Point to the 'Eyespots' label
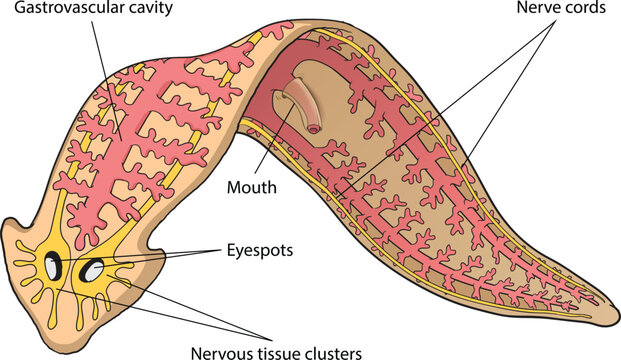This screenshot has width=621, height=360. point(258,250)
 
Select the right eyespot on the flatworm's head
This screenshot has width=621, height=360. point(92,270)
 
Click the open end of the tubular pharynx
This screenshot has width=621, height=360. point(314,127)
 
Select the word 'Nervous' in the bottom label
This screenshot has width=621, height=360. point(215,350)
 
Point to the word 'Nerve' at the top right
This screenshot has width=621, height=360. point(540,9)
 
